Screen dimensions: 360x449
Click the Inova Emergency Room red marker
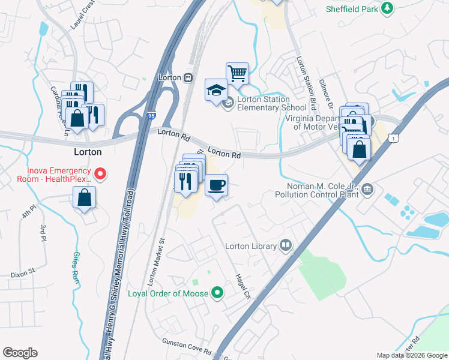coord(101,174)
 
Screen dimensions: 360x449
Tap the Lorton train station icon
coord(188,77)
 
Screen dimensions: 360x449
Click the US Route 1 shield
coord(393,139)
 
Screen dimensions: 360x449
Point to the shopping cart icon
coord(238,74)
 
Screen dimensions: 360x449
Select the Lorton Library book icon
coord(286,245)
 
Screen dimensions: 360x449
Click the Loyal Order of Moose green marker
coord(217,293)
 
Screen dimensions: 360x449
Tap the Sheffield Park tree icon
coord(388,8)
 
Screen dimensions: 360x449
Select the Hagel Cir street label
coord(243,284)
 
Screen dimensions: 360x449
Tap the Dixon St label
coord(23,274)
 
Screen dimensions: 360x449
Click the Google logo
coord(20,353)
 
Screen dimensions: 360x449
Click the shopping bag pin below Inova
coord(85,198)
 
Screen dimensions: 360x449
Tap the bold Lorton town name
coord(87,152)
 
